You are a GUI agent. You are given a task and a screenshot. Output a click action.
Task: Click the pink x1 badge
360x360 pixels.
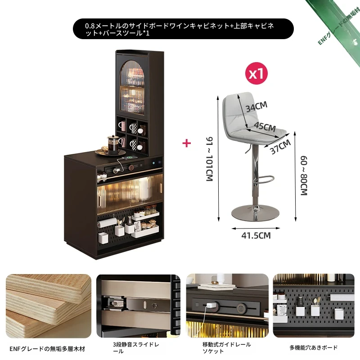tap(256, 74)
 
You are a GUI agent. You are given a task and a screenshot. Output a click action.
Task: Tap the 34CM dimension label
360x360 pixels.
tap(256, 107)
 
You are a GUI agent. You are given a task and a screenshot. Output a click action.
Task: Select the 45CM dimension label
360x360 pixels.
tap(265, 126)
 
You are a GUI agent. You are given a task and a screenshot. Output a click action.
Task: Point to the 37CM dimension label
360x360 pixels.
tap(280, 147)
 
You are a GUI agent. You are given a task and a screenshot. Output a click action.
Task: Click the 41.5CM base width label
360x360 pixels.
tap(256, 235)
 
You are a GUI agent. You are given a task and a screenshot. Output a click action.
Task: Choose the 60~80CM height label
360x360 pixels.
tap(304, 175)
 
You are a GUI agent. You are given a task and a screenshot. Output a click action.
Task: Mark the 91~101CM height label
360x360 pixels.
tap(209, 159)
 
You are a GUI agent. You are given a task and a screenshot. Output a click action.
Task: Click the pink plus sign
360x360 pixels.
tap(187, 143)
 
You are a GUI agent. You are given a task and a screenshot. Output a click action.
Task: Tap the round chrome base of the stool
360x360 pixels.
tap(255, 213)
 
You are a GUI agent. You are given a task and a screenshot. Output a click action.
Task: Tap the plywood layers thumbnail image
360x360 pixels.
tap(49, 306)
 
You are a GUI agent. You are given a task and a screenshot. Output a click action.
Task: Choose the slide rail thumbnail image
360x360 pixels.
tap(138, 306)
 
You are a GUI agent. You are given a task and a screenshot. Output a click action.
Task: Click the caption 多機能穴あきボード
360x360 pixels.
tap(313, 347)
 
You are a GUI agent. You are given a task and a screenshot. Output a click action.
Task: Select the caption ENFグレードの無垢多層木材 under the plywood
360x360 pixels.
tap(47, 349)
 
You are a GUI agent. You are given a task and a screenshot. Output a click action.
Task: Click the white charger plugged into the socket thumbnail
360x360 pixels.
tap(210, 306)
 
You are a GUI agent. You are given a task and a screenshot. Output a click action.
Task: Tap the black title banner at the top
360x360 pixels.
tap(183, 29)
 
